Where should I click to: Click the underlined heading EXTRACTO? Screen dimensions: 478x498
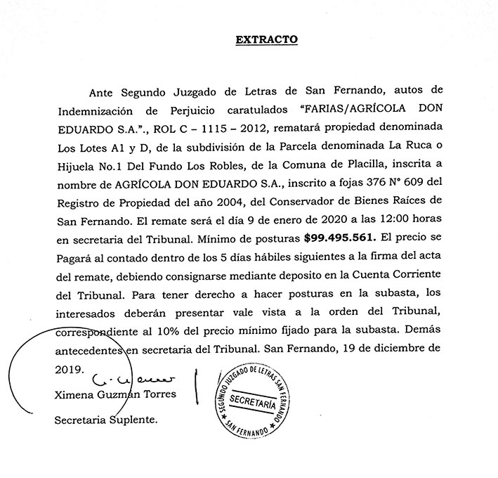(267, 40)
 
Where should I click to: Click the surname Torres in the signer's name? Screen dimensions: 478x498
(158, 394)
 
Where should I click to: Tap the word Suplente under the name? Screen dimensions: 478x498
(134, 420)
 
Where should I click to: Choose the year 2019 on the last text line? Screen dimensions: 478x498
(68, 368)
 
